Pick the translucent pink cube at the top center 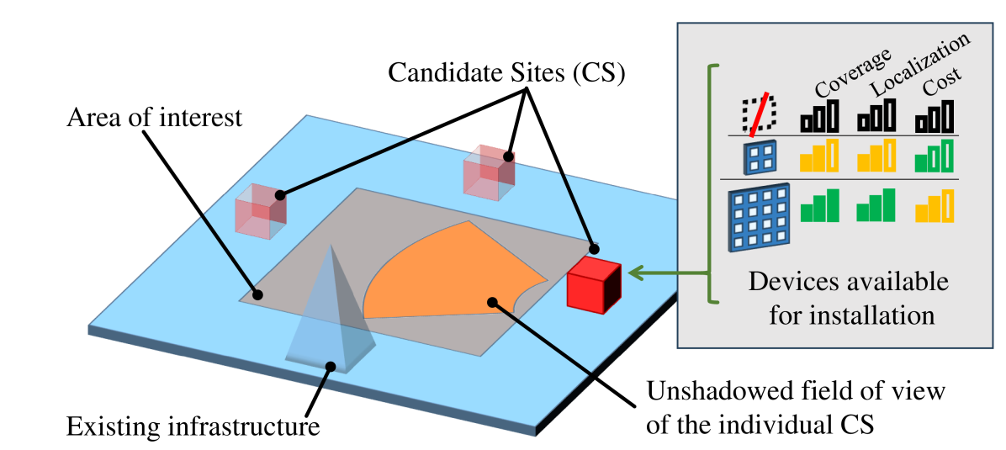(489, 173)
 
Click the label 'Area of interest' (154, 117)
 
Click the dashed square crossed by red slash (759, 114)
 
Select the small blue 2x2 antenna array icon (760, 156)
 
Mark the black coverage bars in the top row (819, 117)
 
